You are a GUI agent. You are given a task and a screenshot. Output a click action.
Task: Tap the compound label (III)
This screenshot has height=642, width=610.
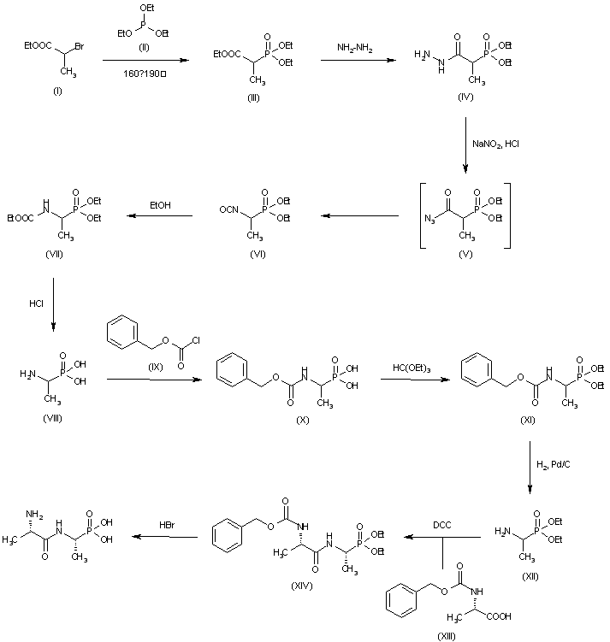pos(253,97)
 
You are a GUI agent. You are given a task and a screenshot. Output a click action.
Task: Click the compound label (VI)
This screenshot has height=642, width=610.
pos(256,254)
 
